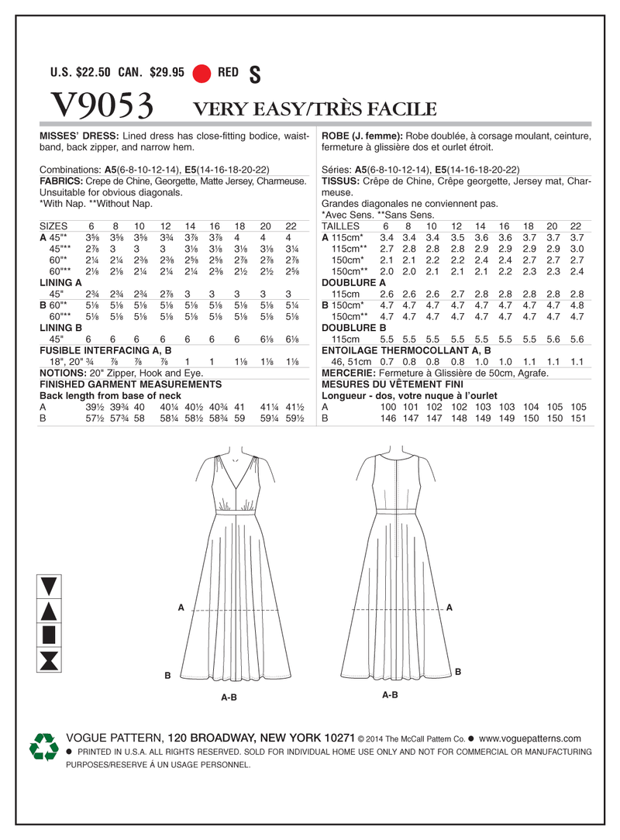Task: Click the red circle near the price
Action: [x=202, y=74]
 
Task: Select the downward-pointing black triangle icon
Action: [x=49, y=587]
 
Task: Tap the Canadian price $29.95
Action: [x=168, y=74]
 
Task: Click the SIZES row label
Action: [x=54, y=225]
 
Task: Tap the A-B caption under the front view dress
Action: [x=229, y=697]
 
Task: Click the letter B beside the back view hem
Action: [x=458, y=671]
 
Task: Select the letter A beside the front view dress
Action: [x=181, y=608]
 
